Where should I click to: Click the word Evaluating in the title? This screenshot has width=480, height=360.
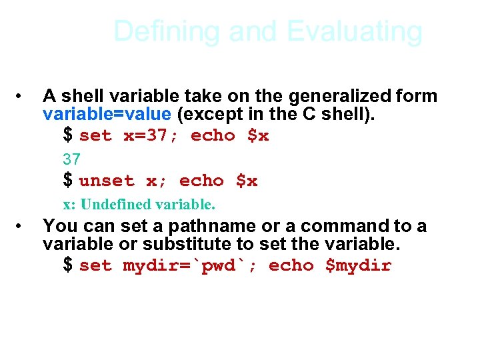point(355,31)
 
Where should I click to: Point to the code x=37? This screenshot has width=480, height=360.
point(151,136)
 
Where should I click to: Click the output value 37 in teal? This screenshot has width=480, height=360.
point(71,159)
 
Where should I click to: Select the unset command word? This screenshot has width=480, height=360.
point(107,181)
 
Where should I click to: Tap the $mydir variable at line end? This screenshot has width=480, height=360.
point(358,266)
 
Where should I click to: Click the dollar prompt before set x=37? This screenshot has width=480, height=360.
point(68,135)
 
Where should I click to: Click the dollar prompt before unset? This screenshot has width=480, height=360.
point(68,181)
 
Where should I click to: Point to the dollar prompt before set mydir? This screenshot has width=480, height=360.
point(68,265)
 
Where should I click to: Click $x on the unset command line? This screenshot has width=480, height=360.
point(247,181)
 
